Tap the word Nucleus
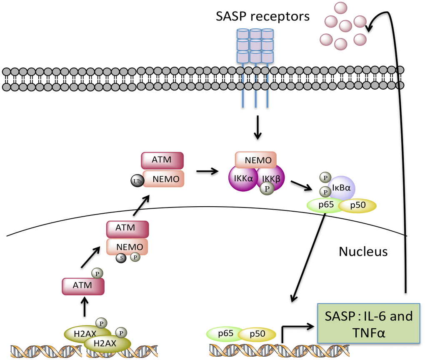coord(363,251)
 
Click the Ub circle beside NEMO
coord(137,181)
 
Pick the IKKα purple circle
coord(242,178)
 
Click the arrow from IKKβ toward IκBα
coord(302,185)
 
